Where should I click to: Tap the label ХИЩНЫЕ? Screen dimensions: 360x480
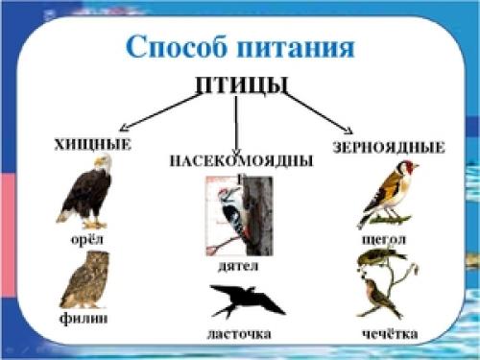pos(92,145)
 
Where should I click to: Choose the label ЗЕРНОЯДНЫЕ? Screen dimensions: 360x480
pos(389,148)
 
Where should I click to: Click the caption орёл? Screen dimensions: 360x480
pos(86,237)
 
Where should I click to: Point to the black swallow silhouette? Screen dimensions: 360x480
pos(247,301)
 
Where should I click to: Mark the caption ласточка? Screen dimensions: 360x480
pos(239,333)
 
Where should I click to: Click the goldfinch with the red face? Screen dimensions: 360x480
pos(388,195)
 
